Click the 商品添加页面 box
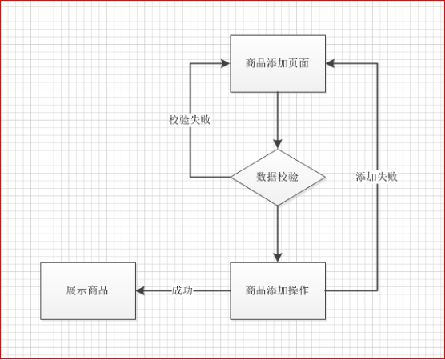click(x=278, y=63)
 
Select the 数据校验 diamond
click(x=278, y=177)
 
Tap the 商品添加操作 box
click(x=278, y=290)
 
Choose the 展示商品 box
click(x=88, y=290)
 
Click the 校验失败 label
click(x=190, y=120)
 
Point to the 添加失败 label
click(x=377, y=177)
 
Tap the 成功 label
click(x=182, y=290)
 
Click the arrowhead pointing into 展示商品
click(x=140, y=290)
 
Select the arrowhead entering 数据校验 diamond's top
click(x=278, y=144)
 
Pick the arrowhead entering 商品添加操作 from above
click(x=278, y=258)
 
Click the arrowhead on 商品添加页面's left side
click(x=226, y=63)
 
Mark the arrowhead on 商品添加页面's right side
click(x=330, y=63)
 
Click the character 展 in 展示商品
click(x=71, y=290)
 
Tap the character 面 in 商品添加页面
click(x=303, y=63)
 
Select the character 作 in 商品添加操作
click(x=303, y=290)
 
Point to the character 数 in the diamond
click(x=262, y=177)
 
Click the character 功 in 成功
click(x=187, y=290)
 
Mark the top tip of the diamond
click(x=278, y=150)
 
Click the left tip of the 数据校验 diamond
click(x=231, y=177)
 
